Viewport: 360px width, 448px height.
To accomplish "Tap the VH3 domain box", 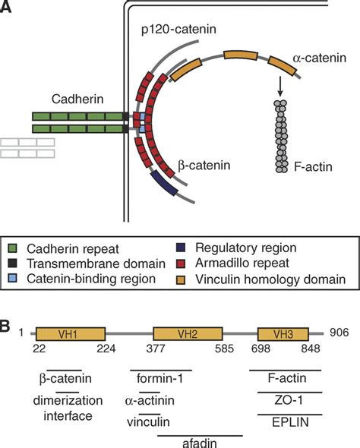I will click(x=283, y=312).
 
